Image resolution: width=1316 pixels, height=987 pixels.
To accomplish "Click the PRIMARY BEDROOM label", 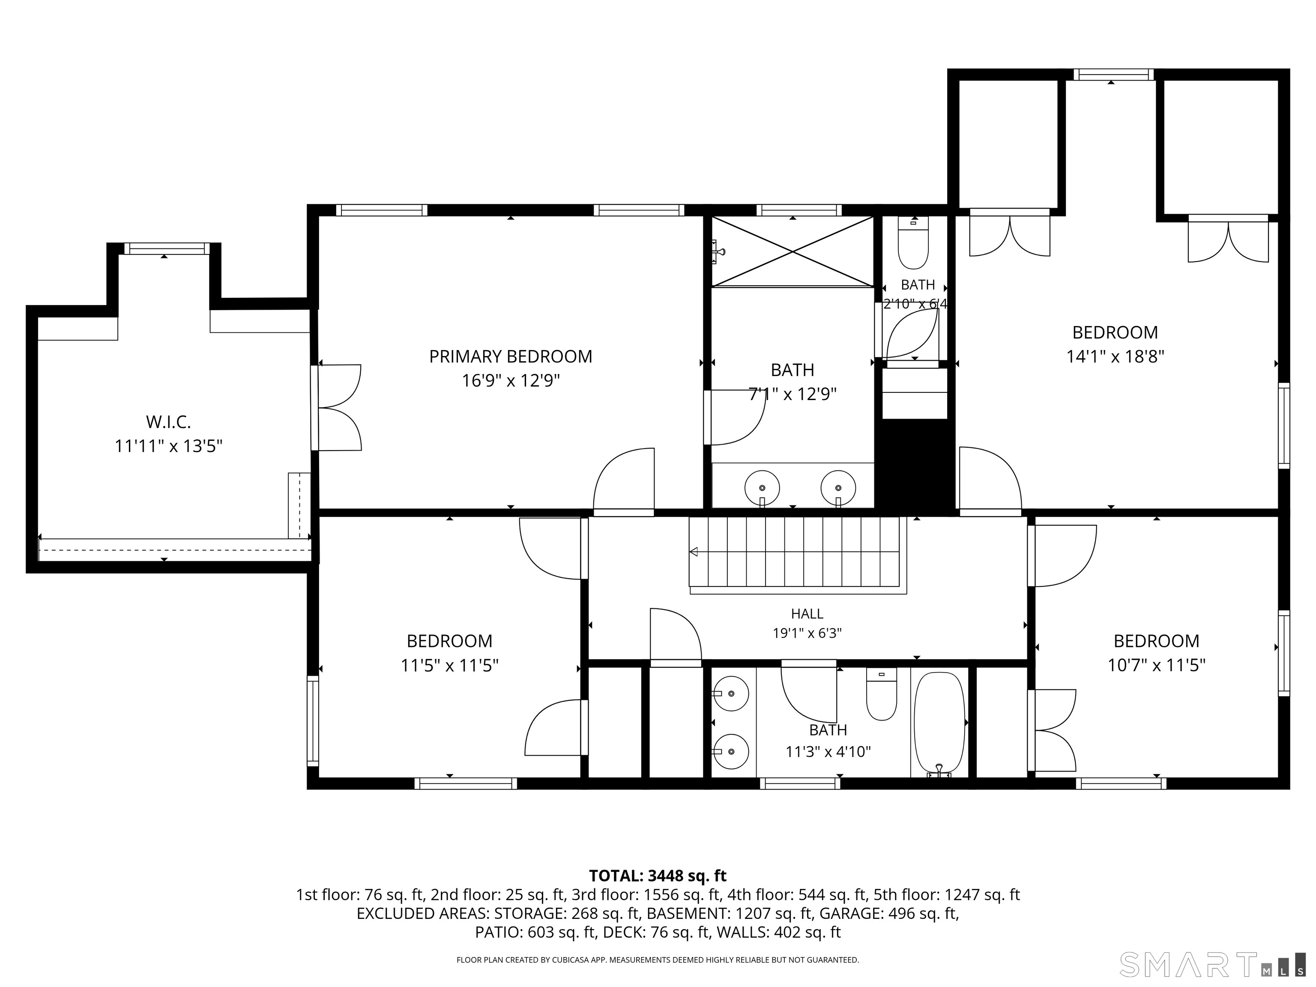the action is (x=511, y=356).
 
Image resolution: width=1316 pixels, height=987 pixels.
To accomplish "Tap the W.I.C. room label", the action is (x=168, y=422).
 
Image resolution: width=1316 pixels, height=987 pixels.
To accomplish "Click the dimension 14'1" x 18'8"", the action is (x=1115, y=356).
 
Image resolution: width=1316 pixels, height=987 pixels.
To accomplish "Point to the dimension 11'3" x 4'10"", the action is (x=828, y=752).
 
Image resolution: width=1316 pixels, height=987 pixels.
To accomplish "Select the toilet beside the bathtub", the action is (x=881, y=694).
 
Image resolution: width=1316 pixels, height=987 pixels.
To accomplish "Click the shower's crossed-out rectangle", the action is (x=793, y=251).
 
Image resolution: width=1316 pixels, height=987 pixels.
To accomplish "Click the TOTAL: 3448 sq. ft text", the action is (x=658, y=876).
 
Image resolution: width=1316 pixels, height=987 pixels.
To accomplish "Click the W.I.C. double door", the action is (x=337, y=407).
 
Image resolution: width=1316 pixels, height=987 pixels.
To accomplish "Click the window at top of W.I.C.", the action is (x=167, y=249).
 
